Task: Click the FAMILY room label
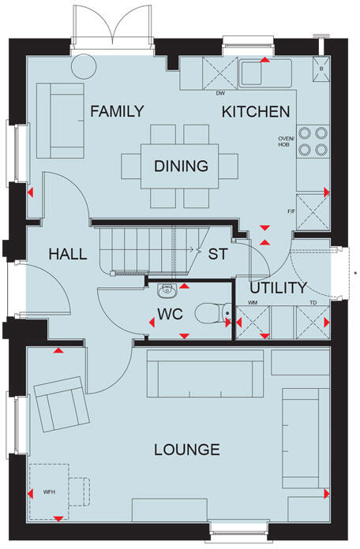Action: [x=117, y=111]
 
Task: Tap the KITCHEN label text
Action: [x=255, y=111]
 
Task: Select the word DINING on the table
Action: [x=181, y=166]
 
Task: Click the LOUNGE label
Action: [x=186, y=450]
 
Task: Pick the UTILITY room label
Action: [x=278, y=288]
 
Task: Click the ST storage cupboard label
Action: [x=217, y=254]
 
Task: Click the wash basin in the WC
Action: [x=167, y=291]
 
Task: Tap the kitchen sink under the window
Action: [x=264, y=73]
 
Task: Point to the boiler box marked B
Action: [x=321, y=67]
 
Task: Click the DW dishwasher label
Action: [x=221, y=93]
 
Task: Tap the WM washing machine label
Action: [x=253, y=302]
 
